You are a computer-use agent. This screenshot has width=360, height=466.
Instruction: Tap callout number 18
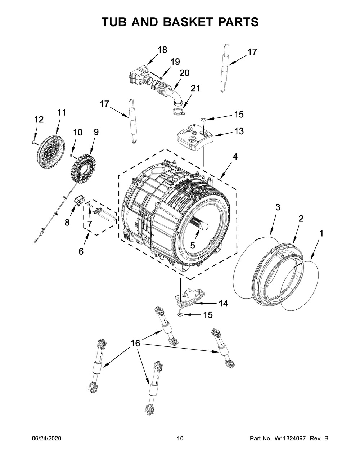(x=162, y=50)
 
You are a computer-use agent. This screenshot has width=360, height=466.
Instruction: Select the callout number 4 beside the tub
(x=235, y=157)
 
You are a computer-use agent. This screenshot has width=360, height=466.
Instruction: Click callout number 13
(x=239, y=131)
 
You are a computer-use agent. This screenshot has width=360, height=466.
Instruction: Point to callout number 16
(x=135, y=344)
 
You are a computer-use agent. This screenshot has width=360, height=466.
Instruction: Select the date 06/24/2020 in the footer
(x=47, y=438)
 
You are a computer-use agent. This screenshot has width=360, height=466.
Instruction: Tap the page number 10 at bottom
(x=180, y=438)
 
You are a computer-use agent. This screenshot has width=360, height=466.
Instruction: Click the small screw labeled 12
(x=33, y=143)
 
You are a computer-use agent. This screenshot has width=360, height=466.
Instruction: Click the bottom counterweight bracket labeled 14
(x=189, y=297)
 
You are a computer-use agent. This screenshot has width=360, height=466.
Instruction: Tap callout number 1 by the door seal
(x=321, y=233)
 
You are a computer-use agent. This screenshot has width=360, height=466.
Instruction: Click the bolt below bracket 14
(x=180, y=314)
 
